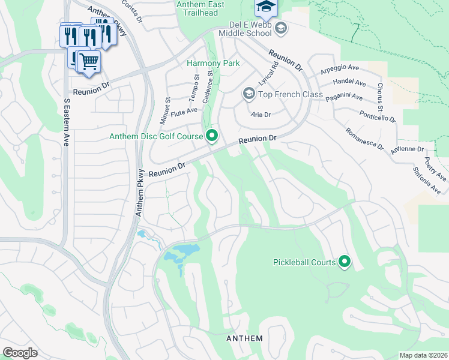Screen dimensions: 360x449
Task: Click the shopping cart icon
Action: pos(89,60)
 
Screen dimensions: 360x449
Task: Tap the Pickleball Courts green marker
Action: pos(345,262)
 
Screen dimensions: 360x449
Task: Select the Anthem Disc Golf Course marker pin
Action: pos(211,136)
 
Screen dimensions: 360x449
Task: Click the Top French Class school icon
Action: pos(249,94)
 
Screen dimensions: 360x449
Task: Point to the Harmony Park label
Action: pos(213,63)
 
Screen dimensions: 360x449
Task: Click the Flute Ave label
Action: pos(184,112)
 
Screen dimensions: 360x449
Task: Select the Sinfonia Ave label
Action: pos(427,181)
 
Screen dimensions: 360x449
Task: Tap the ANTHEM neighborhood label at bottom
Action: pos(244,338)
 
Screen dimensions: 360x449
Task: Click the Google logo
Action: pos(20,353)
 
